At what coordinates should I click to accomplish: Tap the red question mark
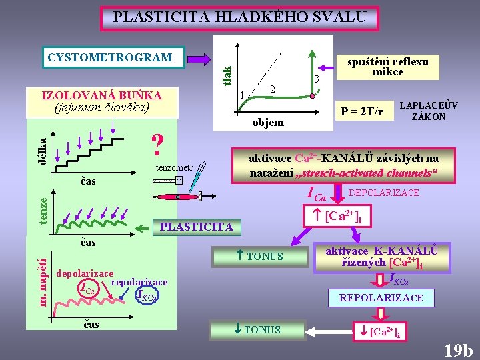tap(157, 143)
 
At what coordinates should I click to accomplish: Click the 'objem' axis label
tap(268, 122)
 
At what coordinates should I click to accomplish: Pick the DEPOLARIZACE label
tap(384, 193)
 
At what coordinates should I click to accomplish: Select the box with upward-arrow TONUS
tap(260, 256)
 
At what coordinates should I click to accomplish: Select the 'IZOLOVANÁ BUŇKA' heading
tap(102, 95)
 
